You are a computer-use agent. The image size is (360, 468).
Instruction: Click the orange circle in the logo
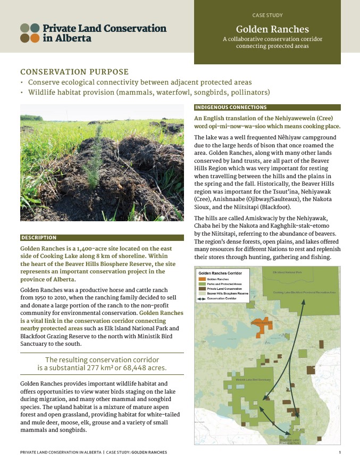(x=35, y=38)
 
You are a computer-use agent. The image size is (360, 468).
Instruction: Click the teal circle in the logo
(x=35, y=28)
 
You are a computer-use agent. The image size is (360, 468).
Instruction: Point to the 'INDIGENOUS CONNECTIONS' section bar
(x=223, y=107)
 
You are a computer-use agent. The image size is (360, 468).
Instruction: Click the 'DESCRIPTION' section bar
(x=39, y=237)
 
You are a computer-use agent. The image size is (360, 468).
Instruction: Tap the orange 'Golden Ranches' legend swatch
(x=202, y=279)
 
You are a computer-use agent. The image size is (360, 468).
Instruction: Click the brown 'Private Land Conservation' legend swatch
(x=202, y=289)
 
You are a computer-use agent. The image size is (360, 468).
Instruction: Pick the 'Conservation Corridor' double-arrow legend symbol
(x=202, y=298)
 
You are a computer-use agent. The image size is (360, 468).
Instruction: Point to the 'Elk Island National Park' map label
(x=287, y=272)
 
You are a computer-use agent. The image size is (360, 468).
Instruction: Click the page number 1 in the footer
(x=339, y=452)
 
